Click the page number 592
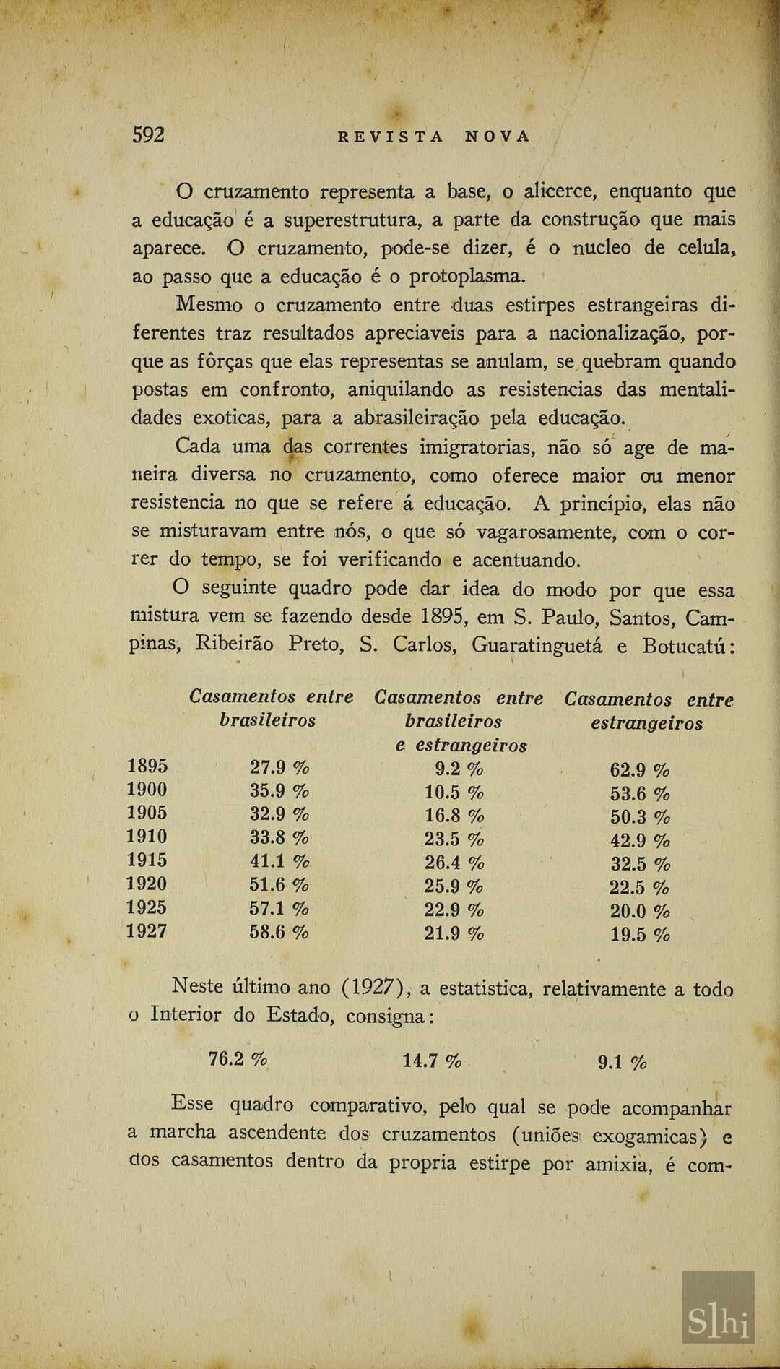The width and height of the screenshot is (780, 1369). (149, 135)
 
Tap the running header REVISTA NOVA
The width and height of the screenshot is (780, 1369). (434, 137)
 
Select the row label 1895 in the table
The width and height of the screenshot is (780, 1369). (147, 766)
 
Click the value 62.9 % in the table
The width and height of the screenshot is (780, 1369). (640, 770)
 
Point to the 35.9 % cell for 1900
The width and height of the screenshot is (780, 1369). (279, 790)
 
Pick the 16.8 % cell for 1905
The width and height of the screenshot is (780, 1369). (454, 816)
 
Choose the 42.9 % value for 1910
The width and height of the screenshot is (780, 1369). (640, 841)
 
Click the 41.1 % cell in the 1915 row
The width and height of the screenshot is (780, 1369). (279, 861)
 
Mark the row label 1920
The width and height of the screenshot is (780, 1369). (147, 884)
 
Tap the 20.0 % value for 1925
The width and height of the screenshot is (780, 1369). (640, 912)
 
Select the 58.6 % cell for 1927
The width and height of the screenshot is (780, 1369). (279, 932)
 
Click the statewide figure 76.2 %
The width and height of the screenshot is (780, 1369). (238, 1059)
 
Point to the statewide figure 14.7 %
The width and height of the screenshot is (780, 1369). (432, 1061)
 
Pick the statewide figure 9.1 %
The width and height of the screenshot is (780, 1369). (623, 1062)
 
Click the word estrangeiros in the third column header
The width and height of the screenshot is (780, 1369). (646, 723)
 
